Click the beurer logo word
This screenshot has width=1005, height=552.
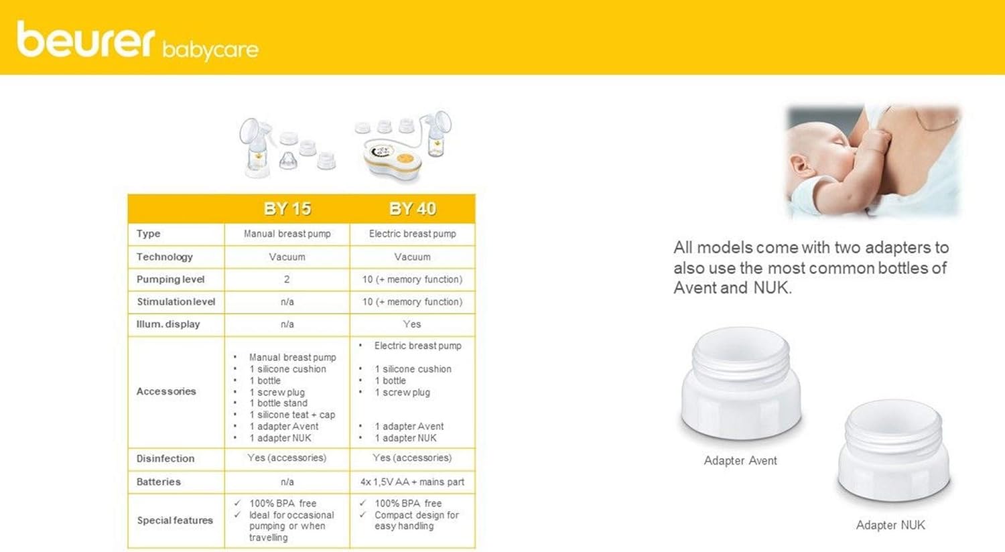[86, 40]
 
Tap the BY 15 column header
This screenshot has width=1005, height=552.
[287, 209]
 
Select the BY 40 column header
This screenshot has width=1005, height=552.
[412, 209]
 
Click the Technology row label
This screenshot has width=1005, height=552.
[165, 257]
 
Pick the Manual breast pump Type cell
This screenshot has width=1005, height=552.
[287, 234]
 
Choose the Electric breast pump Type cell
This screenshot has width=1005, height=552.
[412, 234]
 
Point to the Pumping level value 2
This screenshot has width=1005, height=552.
[287, 279]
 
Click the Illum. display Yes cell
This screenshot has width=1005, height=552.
[412, 324]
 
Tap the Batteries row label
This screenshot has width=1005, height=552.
[159, 482]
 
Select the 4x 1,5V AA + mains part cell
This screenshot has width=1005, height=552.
[412, 482]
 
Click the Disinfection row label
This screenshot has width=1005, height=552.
[165, 459]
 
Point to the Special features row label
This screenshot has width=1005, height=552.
[175, 521]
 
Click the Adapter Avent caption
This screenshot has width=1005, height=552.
[740, 461]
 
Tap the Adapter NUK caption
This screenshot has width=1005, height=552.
[890, 525]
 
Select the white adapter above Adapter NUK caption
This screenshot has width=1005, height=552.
[893, 452]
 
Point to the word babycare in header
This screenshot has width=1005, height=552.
[210, 50]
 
